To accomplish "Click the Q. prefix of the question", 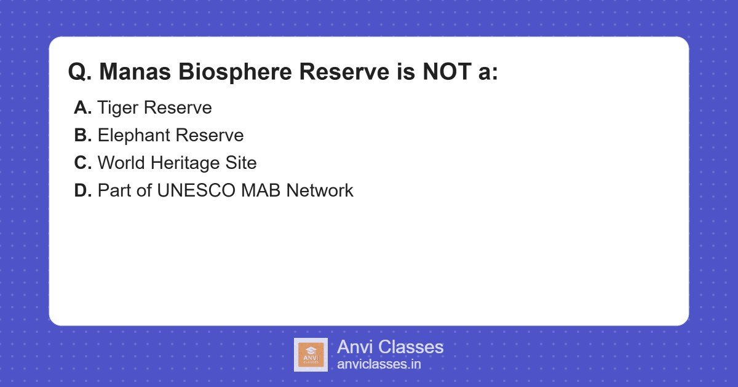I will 80,72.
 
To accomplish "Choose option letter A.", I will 82,108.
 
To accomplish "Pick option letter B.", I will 82,135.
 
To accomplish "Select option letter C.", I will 82,163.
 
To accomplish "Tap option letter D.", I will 82,190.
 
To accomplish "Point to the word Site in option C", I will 242,163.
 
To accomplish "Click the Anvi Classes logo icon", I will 311,354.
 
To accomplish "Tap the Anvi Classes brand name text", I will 390,347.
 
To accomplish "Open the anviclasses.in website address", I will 379,364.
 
